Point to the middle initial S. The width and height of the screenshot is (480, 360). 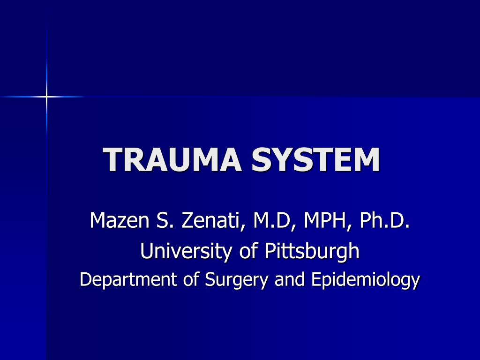click(161, 221)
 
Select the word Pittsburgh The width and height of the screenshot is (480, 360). click(312, 252)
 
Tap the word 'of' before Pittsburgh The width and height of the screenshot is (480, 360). click(248, 251)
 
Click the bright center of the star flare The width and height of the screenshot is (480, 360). click(46, 97)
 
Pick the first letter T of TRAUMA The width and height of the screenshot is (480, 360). click(113, 160)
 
